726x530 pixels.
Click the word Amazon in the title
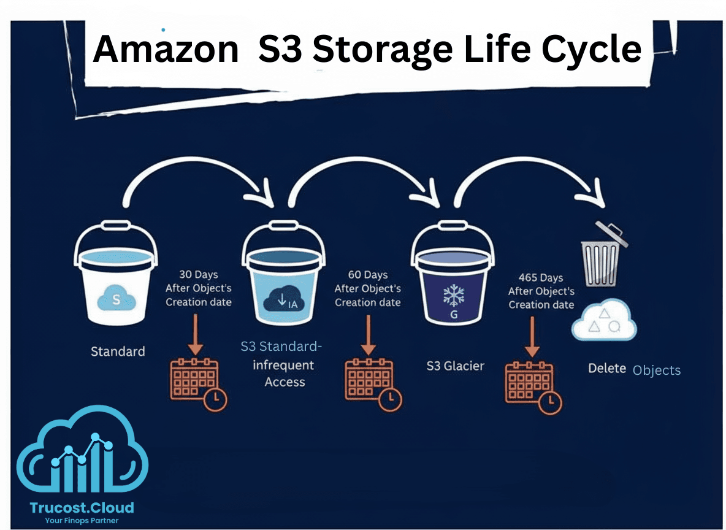(166, 49)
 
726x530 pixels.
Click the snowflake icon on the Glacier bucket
(454, 295)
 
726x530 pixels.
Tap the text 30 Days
(199, 274)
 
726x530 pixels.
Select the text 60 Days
(367, 275)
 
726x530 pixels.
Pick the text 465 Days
(541, 278)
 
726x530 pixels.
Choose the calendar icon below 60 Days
(370, 382)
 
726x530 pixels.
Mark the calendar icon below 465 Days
(531, 385)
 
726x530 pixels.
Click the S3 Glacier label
(455, 366)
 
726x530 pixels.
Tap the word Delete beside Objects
(607, 369)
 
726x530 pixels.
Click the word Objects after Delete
(657, 371)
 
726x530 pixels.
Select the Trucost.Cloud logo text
(82, 507)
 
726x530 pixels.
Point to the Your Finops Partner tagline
(82, 521)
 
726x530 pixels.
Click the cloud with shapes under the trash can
(604, 320)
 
